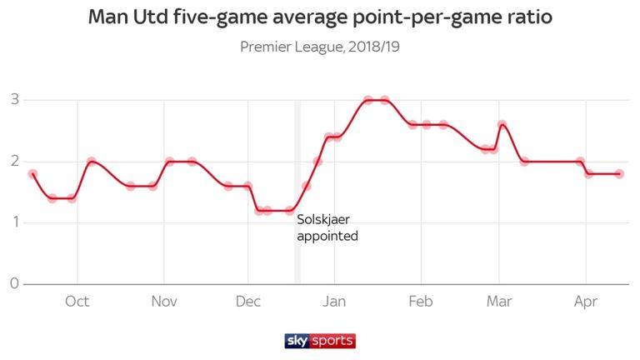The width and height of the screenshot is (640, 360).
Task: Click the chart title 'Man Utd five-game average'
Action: coord(320,17)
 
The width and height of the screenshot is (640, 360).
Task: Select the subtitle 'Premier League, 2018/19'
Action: coord(320,47)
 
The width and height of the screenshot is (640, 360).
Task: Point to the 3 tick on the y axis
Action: coord(14,101)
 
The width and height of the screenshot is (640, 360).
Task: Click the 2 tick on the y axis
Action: coord(14,162)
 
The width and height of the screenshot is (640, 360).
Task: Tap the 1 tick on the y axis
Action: coord(14,222)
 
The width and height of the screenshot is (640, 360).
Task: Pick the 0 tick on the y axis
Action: coord(14,284)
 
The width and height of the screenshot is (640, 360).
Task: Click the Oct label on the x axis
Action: coord(77,302)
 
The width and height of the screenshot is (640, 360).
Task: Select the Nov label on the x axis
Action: coord(164,302)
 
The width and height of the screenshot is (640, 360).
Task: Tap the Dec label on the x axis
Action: coord(248,302)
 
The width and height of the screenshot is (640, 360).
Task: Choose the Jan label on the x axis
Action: coord(334,302)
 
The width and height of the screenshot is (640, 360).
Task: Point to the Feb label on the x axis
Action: coord(421,302)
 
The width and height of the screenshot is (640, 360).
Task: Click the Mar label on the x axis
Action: coord(499,302)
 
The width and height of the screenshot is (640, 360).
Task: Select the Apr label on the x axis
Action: coord(585,302)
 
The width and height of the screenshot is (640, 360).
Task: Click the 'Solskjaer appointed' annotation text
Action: coord(327,228)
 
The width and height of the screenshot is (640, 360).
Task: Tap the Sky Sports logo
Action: coord(320,340)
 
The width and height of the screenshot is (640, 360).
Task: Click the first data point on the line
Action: coord(32,174)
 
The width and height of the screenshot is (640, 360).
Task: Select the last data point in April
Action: coord(619,173)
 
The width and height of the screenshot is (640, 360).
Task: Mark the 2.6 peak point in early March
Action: coord(502,125)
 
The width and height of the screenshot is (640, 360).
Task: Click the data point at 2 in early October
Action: coord(92,162)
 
